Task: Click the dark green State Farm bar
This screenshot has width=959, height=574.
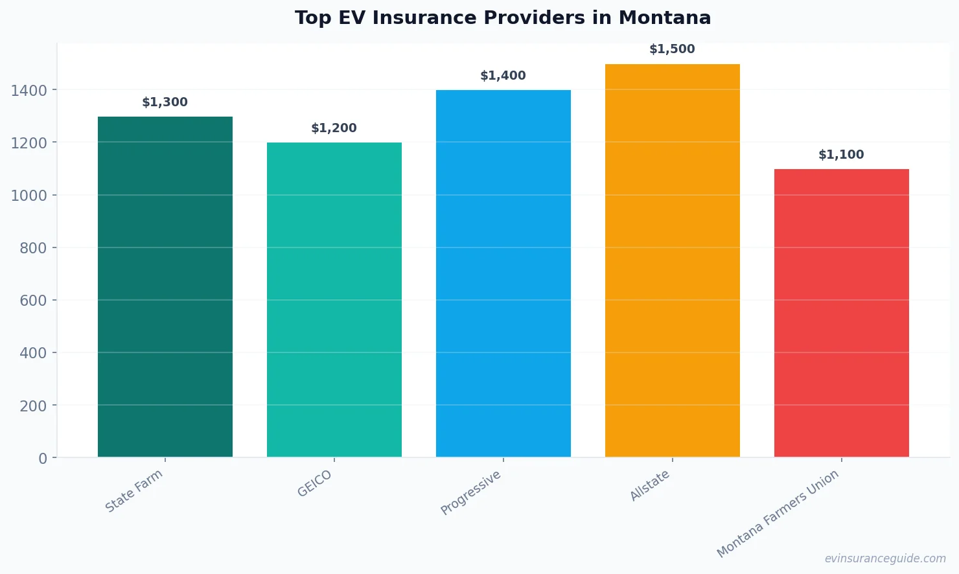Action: (x=165, y=287)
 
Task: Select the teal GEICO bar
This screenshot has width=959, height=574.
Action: (x=334, y=300)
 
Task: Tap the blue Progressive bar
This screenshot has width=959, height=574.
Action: (x=503, y=273)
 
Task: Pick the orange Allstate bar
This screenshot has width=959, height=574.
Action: (x=673, y=260)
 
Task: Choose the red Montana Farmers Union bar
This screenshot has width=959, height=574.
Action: (x=842, y=313)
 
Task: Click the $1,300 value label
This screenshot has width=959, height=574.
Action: (x=165, y=102)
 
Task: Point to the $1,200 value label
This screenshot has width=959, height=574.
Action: (x=334, y=128)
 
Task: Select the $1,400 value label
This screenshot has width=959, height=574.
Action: (x=503, y=76)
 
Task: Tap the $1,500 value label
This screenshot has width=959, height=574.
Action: (x=673, y=49)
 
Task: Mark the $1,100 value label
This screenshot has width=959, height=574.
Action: (x=842, y=155)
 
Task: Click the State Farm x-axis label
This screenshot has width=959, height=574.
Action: (x=134, y=491)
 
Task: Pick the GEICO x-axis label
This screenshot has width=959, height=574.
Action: (x=315, y=483)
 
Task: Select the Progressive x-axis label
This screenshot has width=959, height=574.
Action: (x=471, y=492)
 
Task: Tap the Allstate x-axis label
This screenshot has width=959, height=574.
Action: (x=650, y=485)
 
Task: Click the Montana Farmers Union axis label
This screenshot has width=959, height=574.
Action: (x=778, y=513)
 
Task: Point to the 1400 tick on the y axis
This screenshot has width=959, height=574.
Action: (x=29, y=91)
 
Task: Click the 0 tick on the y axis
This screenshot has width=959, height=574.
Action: (x=43, y=459)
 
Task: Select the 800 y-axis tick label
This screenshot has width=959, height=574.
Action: (x=33, y=248)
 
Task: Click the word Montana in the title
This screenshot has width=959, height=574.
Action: (x=665, y=18)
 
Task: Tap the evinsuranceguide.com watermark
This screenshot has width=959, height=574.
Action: (x=885, y=558)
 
